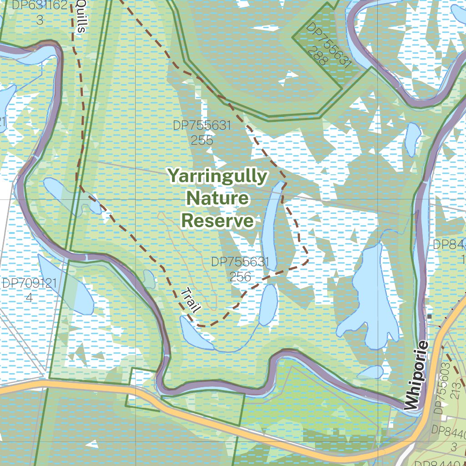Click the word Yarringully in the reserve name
pos(217,176)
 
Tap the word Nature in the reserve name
pos(218,198)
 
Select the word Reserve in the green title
pos(217,221)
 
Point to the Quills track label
pos(80,16)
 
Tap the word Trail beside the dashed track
pos(191,300)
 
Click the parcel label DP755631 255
pos(202,132)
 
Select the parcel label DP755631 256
pos(240,269)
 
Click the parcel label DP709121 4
pos(29,290)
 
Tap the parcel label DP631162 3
pos(40,13)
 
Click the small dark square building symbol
pos(429,316)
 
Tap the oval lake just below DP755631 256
pos(268,304)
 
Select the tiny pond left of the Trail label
pos(149,276)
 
